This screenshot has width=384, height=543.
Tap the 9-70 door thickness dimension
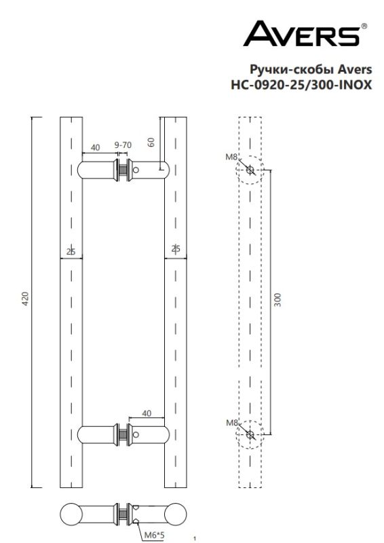[123, 145]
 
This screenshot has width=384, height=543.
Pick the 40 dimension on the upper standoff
[95, 147]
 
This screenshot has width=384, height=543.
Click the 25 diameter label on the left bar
[70, 251]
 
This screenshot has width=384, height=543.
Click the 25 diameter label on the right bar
[176, 250]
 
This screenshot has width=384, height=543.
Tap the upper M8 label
[231, 157]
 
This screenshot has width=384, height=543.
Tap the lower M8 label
[231, 423]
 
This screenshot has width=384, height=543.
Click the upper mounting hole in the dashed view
[250, 170]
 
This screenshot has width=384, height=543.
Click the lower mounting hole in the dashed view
[250, 434]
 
